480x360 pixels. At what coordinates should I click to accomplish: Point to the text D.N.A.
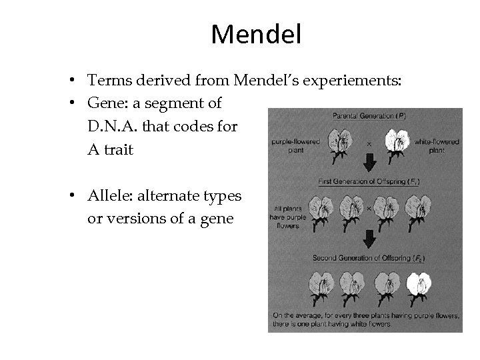pos(111,126)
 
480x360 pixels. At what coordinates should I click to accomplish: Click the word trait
pos(119,149)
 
